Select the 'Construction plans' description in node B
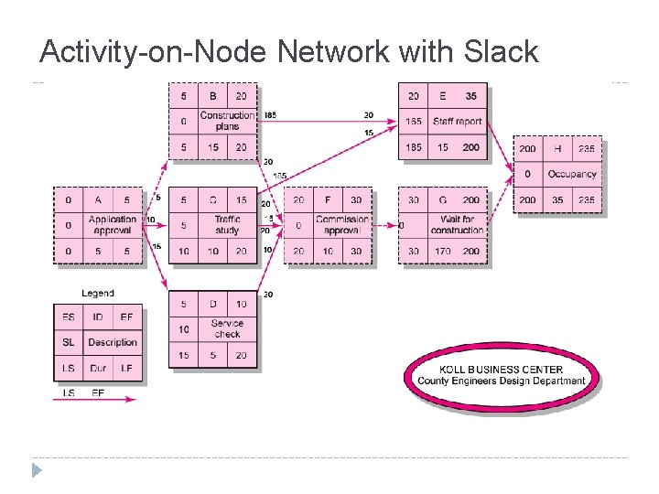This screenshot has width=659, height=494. point(227,121)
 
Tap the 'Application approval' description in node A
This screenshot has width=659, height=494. point(113,224)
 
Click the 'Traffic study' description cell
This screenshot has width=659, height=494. point(227,224)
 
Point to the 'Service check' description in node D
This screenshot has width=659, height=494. point(227,328)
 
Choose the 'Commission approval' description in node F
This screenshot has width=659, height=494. point(342,224)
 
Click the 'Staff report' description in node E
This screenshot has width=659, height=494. point(457,121)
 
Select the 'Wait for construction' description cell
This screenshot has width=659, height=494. point(457,224)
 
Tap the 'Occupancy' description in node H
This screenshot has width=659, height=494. point(571,174)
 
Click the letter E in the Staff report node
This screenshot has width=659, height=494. point(443,96)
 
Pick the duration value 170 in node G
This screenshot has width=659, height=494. point(443,252)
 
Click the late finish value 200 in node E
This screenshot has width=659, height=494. point(470,146)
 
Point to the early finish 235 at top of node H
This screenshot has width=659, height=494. point(586,148)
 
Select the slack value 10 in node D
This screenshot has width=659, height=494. point(183,328)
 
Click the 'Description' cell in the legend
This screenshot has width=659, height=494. point(113,342)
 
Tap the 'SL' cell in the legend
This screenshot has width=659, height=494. point(69,342)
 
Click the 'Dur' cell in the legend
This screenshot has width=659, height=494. point(98,368)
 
